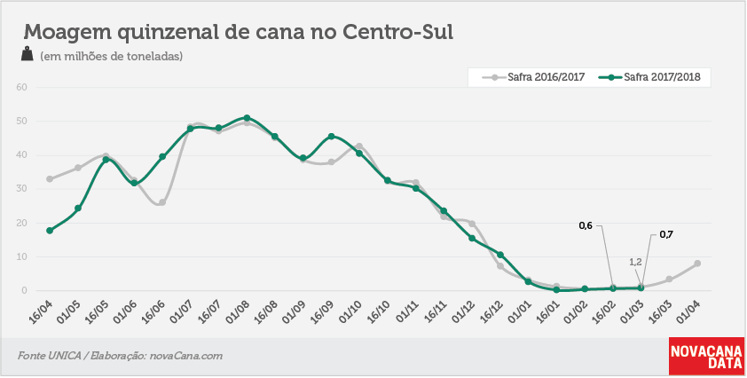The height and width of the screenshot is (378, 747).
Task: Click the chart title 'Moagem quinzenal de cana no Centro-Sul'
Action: (x=238, y=32)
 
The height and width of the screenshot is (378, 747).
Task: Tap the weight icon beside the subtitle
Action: (x=28, y=54)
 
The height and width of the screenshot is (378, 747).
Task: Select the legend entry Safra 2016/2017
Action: (x=532, y=76)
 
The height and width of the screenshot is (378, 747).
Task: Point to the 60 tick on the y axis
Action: (x=23, y=87)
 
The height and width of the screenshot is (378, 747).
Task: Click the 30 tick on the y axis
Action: (x=23, y=189)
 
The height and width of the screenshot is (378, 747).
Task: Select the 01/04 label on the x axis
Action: (x=690, y=311)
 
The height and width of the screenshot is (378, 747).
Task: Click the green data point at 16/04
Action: (x=50, y=230)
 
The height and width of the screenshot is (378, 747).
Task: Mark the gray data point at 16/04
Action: (x=50, y=178)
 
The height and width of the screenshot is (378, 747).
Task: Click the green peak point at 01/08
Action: (x=247, y=118)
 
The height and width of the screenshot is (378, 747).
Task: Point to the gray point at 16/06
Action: (x=162, y=202)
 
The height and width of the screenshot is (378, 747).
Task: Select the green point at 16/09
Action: (x=331, y=137)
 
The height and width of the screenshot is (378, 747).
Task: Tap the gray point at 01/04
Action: (x=697, y=264)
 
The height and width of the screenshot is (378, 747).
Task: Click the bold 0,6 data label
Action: (x=586, y=226)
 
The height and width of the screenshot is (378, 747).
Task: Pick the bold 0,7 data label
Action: (x=666, y=234)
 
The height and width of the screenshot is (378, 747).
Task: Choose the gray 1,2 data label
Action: (x=636, y=262)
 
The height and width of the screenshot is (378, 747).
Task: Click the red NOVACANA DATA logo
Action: (x=706, y=356)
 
